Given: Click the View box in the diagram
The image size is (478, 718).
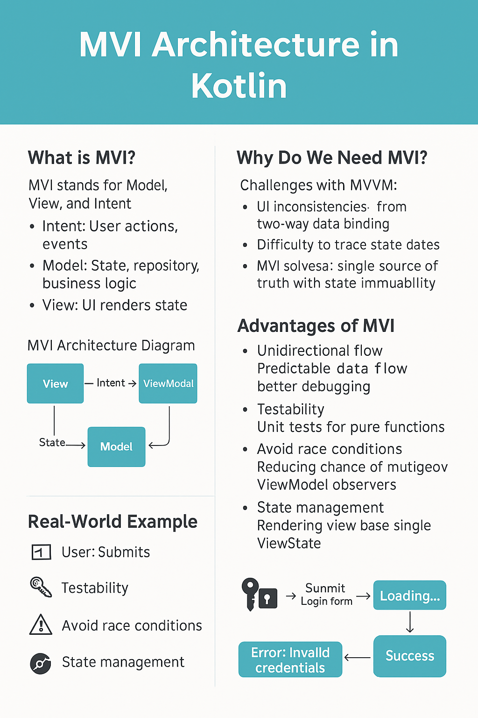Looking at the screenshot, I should pyautogui.click(x=55, y=383).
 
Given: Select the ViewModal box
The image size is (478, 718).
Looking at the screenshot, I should pyautogui.click(x=168, y=383).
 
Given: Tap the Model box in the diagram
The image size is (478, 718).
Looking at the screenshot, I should pyautogui.click(x=116, y=447).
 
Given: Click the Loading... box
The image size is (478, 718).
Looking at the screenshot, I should pyautogui.click(x=409, y=595).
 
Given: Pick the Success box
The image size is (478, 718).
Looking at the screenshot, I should pyautogui.click(x=409, y=656).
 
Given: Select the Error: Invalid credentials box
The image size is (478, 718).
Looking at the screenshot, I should pyautogui.click(x=290, y=660).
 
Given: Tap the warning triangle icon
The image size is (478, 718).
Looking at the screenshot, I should pyautogui.click(x=41, y=625).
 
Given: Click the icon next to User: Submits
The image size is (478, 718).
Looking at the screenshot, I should pyautogui.click(x=41, y=552).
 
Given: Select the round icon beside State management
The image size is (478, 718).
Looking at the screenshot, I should pyautogui.click(x=41, y=663).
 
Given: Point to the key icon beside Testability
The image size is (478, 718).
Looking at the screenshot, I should pyautogui.click(x=41, y=587).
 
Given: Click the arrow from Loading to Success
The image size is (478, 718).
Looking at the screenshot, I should pyautogui.click(x=409, y=622).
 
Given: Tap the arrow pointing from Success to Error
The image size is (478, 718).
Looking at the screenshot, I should pyautogui.click(x=357, y=657).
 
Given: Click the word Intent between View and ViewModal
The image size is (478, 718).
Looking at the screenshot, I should pyautogui.click(x=111, y=383).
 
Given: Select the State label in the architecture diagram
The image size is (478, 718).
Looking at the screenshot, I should pyautogui.click(x=52, y=442).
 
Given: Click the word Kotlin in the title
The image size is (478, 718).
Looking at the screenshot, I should pyautogui.click(x=239, y=86).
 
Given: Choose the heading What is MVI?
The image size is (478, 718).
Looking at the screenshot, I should pyautogui.click(x=82, y=158).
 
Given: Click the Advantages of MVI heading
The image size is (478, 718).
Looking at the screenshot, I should pyautogui.click(x=316, y=326).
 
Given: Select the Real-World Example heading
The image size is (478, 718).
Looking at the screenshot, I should pyautogui.click(x=112, y=522).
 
